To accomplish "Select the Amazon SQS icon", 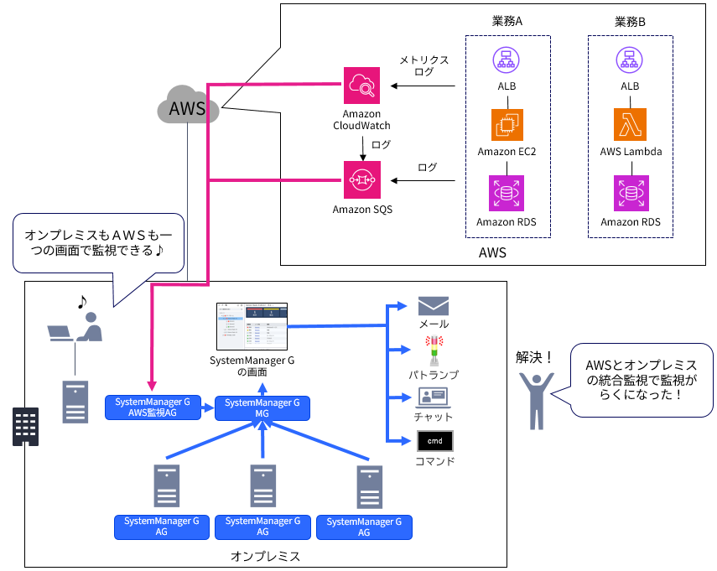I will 362,179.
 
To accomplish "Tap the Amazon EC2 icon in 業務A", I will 507,124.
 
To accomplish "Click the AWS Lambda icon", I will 630,124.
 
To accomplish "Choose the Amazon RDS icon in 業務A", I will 507,193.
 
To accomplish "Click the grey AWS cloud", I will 188,106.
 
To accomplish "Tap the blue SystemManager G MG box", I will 262,408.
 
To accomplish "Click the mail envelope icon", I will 434,306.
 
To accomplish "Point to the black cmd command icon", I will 434,440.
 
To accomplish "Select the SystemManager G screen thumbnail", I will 252,326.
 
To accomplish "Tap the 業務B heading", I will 630,22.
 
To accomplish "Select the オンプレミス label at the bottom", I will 265,556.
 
